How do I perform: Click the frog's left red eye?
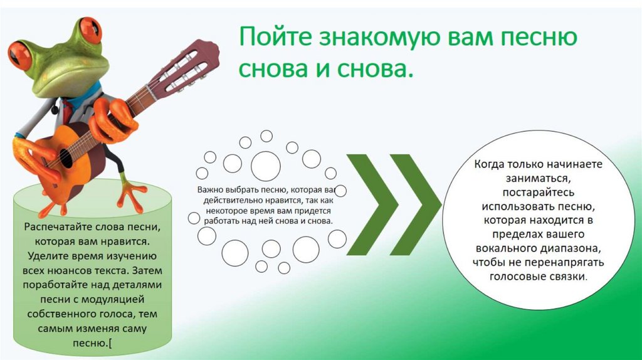[x=20, y=54]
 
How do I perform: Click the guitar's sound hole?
[x=65, y=157]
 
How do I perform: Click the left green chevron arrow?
[x=372, y=204]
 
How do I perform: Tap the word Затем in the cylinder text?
[x=147, y=270]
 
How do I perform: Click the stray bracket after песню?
[x=110, y=343]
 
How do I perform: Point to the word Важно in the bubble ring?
[x=209, y=189]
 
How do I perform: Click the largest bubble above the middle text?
[x=266, y=166]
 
